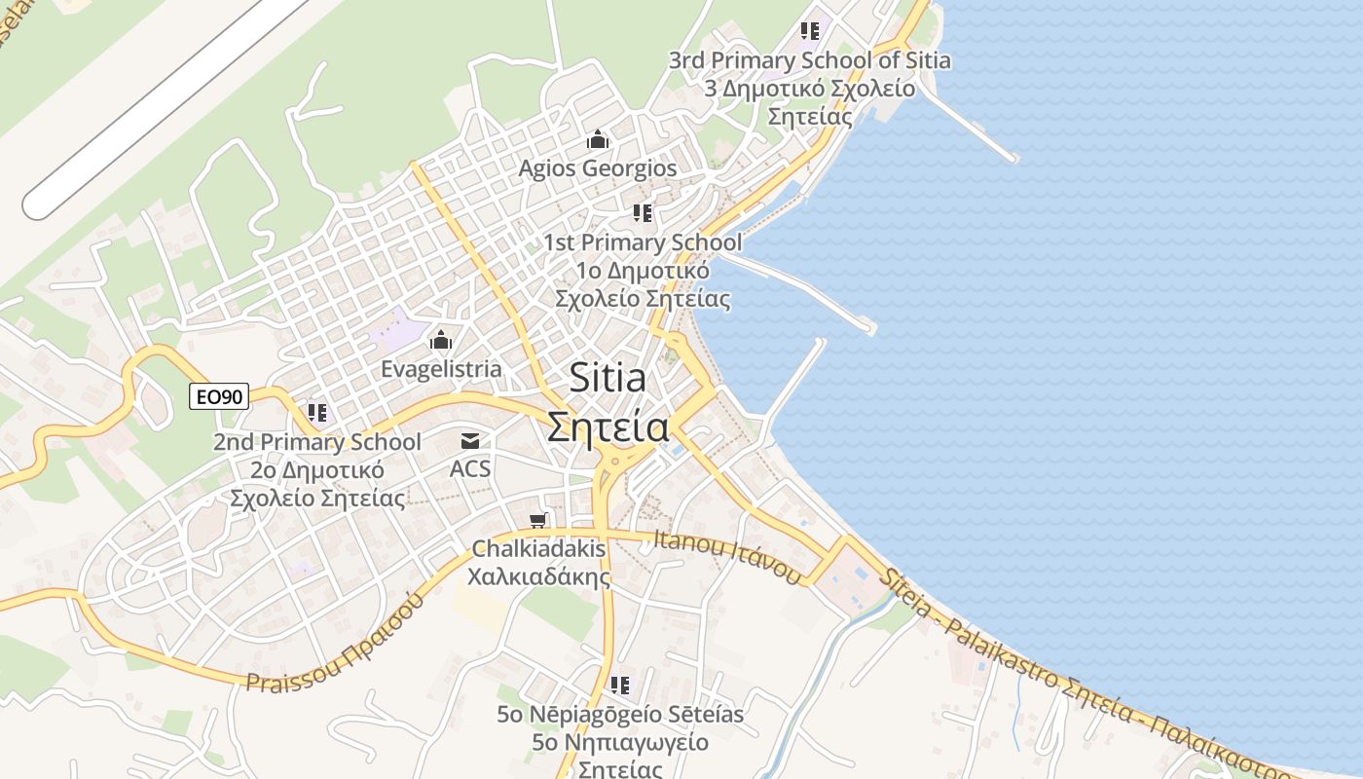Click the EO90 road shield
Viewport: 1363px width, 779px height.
click(x=219, y=396)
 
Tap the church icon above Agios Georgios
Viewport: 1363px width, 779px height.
click(x=597, y=140)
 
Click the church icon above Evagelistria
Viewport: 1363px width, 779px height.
click(x=441, y=341)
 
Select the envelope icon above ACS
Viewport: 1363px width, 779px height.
click(x=470, y=441)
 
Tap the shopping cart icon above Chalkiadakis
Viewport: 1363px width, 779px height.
click(x=538, y=521)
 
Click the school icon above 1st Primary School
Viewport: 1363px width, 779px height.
click(x=642, y=212)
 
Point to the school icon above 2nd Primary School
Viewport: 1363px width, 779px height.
click(x=316, y=413)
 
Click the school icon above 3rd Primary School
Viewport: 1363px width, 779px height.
click(x=809, y=31)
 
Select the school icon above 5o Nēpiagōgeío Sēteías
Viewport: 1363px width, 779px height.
click(x=619, y=686)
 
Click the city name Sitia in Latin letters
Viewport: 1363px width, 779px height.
click(x=608, y=378)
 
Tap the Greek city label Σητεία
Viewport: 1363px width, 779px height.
click(x=608, y=427)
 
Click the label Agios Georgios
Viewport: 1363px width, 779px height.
click(x=597, y=168)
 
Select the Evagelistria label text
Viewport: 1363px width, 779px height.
click(x=441, y=369)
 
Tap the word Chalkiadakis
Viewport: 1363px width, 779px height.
click(x=538, y=549)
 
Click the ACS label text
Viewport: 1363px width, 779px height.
click(x=470, y=469)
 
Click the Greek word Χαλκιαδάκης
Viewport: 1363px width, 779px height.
click(x=538, y=576)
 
